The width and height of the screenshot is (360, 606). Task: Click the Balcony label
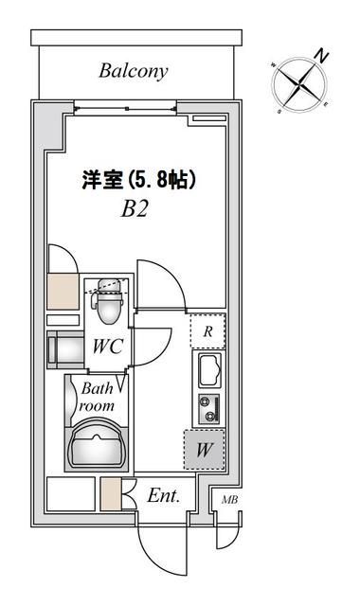(x=133, y=71)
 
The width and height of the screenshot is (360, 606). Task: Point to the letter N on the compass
(x=322, y=56)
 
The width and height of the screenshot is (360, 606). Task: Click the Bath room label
(x=97, y=397)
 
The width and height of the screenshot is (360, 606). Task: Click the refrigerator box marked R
(x=207, y=331)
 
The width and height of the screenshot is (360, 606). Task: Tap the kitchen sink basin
(x=207, y=369)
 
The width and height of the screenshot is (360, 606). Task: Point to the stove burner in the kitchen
(x=207, y=408)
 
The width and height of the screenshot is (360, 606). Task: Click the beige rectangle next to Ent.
(x=111, y=494)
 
